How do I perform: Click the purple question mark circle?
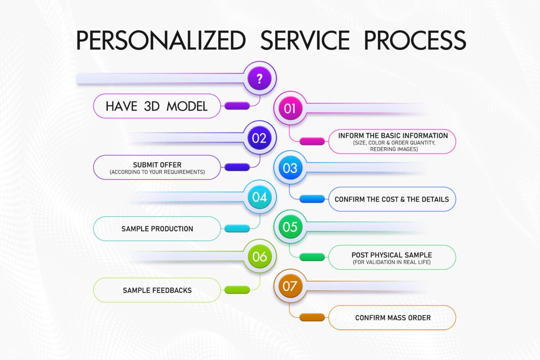[x=259, y=78]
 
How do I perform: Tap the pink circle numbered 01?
[x=290, y=108]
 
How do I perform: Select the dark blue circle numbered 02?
[x=259, y=138]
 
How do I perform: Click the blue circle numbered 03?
[x=290, y=167]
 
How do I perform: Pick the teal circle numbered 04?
[x=259, y=197]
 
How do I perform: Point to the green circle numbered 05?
[x=290, y=227]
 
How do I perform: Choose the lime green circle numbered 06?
[x=259, y=256]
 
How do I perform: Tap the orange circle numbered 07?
[x=290, y=286]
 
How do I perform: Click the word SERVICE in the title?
[x=305, y=40]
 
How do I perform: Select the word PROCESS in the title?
[x=415, y=40]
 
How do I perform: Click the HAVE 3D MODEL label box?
[x=157, y=106]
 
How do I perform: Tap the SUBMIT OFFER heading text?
[x=157, y=165]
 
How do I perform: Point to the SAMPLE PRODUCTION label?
[x=157, y=229]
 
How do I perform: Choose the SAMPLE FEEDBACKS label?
[x=157, y=290]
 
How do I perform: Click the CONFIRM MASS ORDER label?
[x=393, y=318]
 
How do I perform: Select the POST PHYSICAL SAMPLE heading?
[x=392, y=255]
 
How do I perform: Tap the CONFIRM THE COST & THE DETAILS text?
[x=392, y=199]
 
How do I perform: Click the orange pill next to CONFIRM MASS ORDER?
[x=312, y=317]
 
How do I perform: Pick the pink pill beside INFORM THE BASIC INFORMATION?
[x=312, y=141]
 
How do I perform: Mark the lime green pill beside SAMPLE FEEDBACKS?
[x=237, y=290]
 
